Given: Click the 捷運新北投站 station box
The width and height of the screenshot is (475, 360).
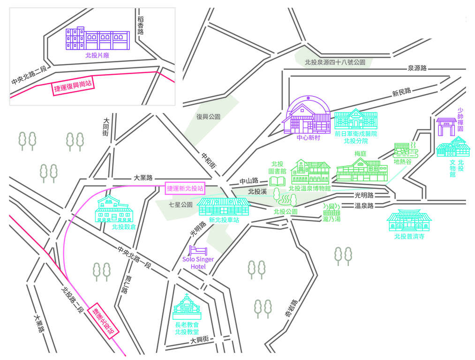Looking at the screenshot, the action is coord(185,188).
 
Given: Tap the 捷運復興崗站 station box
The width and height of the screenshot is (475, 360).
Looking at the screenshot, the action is coord(73,86).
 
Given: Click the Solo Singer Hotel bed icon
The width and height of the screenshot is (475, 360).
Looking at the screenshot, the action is coord(198,251).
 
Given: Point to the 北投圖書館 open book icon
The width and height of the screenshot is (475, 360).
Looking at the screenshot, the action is coord(277,181).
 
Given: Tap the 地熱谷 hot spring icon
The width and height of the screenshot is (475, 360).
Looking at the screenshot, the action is coord(405,150).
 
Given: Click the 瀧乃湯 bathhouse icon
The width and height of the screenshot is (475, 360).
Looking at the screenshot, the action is coord(331,209).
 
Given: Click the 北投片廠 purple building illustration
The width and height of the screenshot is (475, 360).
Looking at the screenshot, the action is coord(98,38).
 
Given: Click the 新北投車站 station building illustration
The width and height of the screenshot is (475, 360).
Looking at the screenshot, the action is coord(224,207).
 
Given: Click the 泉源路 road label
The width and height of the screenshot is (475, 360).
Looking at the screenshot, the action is coord(417,68).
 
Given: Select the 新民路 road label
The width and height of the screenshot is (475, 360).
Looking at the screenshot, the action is coord(402,91).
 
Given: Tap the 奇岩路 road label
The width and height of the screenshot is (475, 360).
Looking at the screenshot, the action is coord(292,308).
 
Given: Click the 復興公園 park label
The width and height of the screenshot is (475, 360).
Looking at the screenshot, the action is coord(208,117).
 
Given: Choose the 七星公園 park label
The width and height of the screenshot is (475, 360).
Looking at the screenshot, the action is coord(181,205).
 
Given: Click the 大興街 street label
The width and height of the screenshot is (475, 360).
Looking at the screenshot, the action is coord(199,340).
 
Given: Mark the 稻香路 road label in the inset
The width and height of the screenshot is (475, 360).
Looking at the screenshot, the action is coord(140,25).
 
